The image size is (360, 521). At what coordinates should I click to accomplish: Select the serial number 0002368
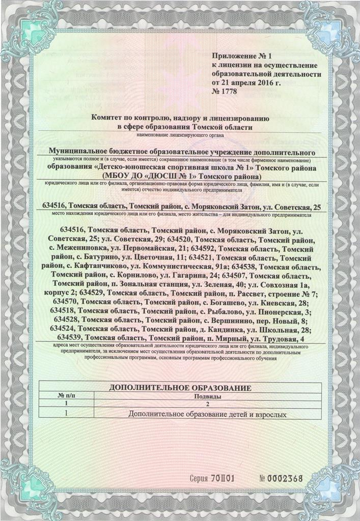(x=286, y=478)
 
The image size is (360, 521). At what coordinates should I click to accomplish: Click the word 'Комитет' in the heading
(x=108, y=118)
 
